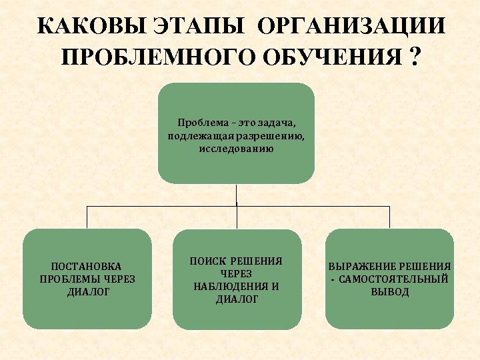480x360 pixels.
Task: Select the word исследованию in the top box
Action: (x=236, y=148)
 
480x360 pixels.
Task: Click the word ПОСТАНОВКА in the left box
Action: (x=87, y=266)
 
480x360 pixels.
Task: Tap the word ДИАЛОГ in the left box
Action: (x=87, y=291)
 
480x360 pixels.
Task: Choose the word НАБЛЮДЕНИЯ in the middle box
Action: (x=231, y=287)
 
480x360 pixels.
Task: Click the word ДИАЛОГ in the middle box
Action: (x=237, y=299)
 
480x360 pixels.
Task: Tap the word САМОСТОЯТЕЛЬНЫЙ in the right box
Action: (x=393, y=279)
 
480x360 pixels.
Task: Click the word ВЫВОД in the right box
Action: (x=390, y=292)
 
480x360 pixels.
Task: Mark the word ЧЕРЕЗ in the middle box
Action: (x=237, y=273)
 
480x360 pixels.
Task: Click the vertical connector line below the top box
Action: (x=237, y=195)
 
